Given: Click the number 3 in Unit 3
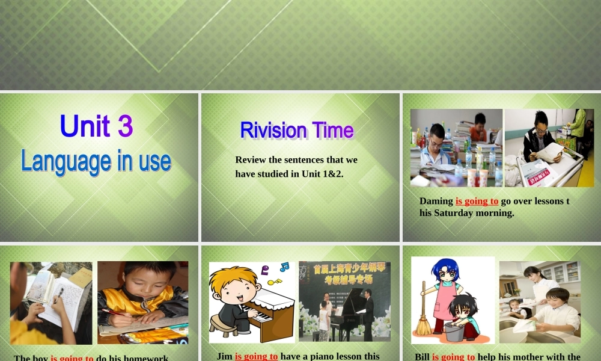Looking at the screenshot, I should tap(125, 126).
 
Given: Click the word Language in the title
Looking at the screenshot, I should tap(58, 161).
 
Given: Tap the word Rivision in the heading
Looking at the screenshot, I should tap(265, 130).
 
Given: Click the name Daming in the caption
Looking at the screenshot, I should tap(436, 201).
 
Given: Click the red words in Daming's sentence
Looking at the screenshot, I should tap(477, 201).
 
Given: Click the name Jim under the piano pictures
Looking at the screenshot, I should tap(224, 356).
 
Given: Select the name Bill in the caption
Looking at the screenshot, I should tap(422, 357).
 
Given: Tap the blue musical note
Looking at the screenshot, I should tap(284, 267).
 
